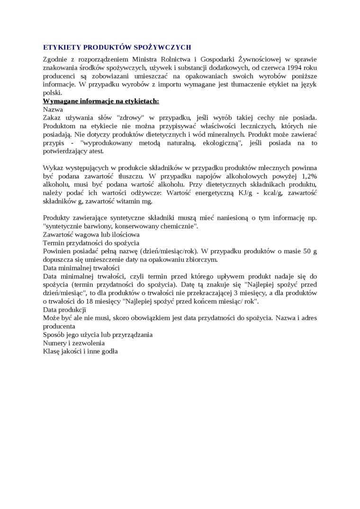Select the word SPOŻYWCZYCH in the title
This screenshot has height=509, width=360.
(164, 47)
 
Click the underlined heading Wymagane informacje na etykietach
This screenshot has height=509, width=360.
(101, 101)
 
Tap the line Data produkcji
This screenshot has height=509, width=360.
(64, 310)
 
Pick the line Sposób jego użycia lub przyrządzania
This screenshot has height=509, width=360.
(98, 335)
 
